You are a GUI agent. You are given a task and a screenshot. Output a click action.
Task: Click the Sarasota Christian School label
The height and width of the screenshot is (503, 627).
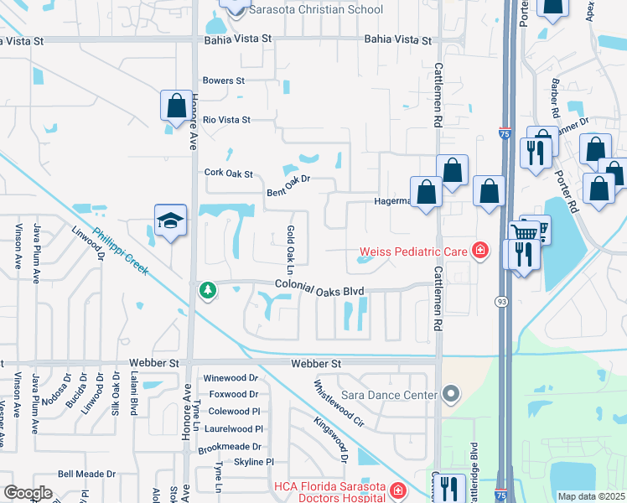tap(315, 10)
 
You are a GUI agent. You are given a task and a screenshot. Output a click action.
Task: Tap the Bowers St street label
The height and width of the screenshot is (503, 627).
tap(224, 81)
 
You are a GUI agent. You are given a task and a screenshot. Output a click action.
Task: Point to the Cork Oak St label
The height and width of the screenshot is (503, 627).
tap(229, 173)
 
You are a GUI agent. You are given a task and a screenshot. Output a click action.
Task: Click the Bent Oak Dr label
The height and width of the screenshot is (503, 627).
tap(288, 185)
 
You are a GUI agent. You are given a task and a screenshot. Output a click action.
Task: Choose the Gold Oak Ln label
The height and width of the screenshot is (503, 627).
tap(290, 250)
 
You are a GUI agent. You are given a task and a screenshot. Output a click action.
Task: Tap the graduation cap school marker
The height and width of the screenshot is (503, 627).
tap(171, 221)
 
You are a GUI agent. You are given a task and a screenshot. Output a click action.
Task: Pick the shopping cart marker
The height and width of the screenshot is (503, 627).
tap(525, 231)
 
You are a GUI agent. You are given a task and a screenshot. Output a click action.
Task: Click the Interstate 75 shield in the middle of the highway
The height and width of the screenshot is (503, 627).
tap(503, 132)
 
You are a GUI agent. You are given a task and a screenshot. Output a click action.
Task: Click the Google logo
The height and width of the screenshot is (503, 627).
tap(28, 492)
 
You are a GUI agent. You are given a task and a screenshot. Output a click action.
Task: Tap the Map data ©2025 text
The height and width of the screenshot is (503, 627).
tap(590, 496)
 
